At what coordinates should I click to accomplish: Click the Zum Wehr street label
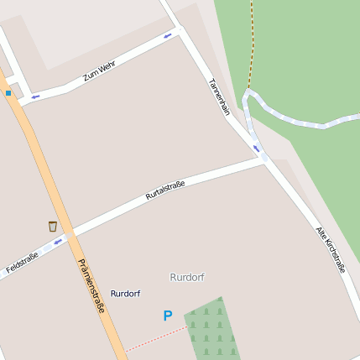(99, 70)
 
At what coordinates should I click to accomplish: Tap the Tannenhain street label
(219, 97)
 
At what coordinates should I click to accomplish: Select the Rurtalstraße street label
(165, 189)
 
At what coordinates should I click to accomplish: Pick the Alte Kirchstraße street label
(331, 249)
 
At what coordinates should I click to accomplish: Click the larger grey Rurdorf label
(187, 277)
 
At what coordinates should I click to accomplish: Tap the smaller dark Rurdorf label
(125, 294)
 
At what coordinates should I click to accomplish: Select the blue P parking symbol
(167, 316)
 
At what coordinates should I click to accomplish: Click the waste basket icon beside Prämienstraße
(53, 226)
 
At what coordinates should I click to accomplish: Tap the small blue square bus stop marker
(8, 92)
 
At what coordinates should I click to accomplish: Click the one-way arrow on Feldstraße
(58, 243)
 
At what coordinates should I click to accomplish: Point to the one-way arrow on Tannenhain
(256, 149)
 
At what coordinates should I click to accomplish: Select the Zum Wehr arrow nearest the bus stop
(35, 97)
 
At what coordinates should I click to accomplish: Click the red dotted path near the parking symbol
(155, 338)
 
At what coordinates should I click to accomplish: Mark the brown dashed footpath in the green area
(250, 42)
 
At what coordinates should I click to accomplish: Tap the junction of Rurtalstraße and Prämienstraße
(70, 234)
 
